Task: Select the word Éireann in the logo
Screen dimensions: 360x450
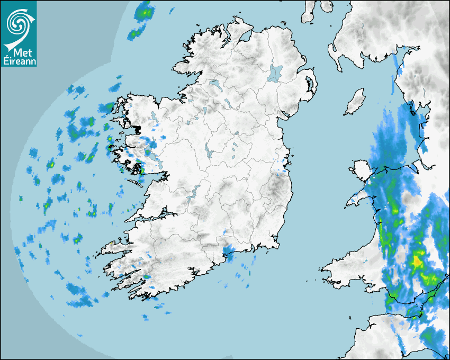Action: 18,61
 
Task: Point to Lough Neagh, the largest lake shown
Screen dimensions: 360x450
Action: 276,73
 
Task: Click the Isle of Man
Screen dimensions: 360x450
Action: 355,102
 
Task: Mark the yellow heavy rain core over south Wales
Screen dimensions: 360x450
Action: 418,261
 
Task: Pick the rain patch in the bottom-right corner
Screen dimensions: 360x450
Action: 431,339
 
